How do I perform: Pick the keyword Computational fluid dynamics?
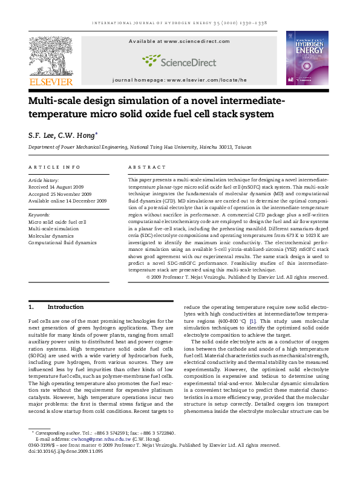pos(62,242)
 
